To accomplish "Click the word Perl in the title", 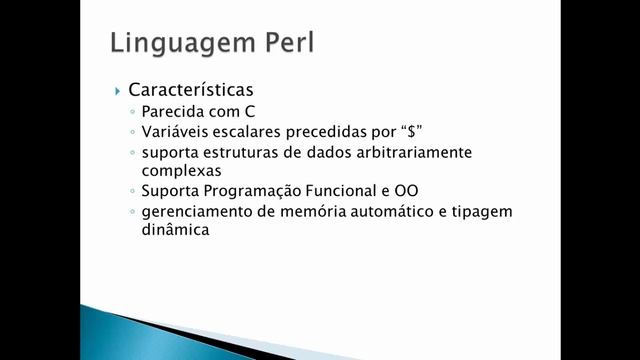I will click(288, 43).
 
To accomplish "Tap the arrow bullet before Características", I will click(117, 90).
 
